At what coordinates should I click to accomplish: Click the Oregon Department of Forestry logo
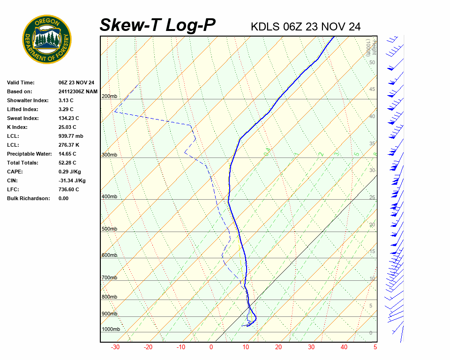[47, 39]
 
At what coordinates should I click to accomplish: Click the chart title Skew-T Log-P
[157, 25]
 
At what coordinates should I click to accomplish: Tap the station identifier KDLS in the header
[265, 27]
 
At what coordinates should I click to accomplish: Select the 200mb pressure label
[109, 97]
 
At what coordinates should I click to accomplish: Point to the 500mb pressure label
[109, 229]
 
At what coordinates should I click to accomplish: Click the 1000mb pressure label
[111, 330]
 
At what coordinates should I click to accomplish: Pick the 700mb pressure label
[109, 278]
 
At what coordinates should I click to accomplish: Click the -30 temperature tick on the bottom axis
[115, 347]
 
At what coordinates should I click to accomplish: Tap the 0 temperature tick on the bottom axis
[211, 347]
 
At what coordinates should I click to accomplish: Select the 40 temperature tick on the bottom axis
[344, 347]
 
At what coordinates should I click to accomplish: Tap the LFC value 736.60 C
[69, 189]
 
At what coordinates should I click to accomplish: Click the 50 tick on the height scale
[372, 62]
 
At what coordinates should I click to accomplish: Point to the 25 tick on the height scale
[372, 197]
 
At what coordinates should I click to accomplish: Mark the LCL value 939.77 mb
[71, 136]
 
